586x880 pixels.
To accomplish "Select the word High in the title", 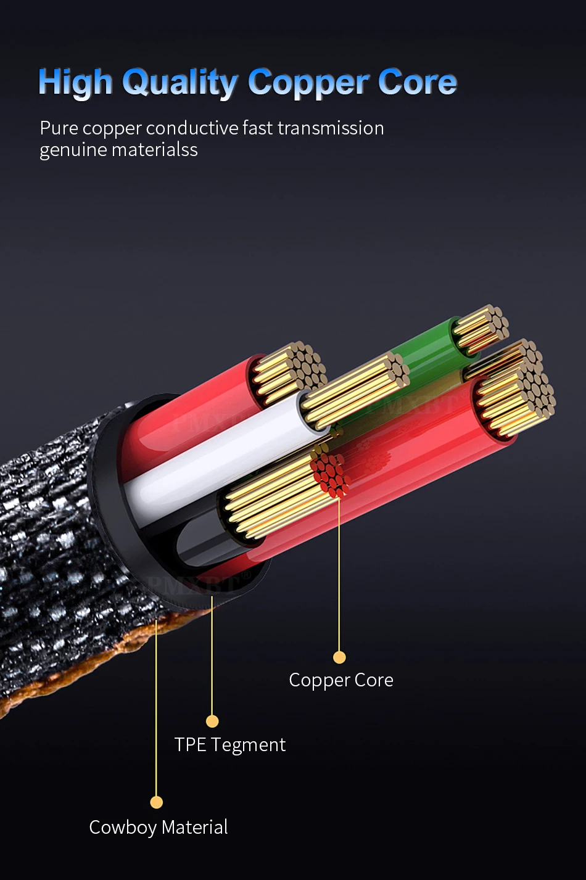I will click(75, 83).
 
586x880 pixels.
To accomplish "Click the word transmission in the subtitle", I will click(331, 128).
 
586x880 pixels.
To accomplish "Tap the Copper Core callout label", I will click(341, 680).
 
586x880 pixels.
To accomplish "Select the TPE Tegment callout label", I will click(230, 745).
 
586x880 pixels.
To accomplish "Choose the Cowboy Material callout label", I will click(159, 827).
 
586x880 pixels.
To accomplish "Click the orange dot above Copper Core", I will click(339, 657).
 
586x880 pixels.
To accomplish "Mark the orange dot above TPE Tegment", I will click(212, 721).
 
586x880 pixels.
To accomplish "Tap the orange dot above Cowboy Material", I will click(157, 802).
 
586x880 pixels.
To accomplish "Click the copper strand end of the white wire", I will click(358, 389).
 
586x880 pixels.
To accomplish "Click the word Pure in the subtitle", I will click(59, 128).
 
